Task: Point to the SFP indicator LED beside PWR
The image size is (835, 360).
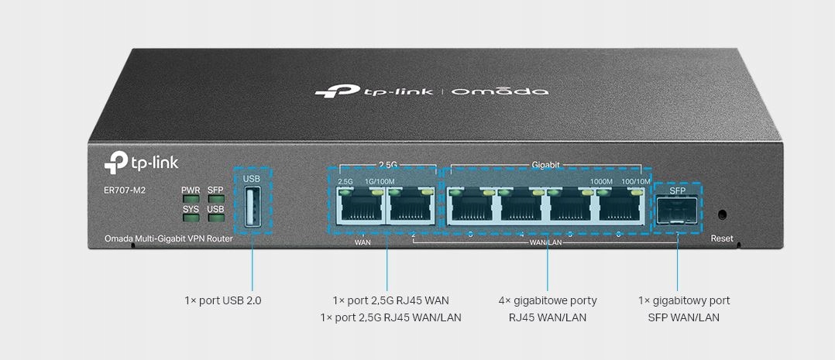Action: [216, 199]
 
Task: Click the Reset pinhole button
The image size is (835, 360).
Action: [722, 214]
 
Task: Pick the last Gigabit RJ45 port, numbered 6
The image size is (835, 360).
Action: [620, 209]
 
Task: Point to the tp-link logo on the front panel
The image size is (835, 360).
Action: [132, 163]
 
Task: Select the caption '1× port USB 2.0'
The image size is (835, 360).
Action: [223, 300]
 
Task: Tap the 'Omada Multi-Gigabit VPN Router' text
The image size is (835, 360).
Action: [169, 238]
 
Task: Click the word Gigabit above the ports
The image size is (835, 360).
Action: [546, 165]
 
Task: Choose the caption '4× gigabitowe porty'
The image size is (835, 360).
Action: [548, 300]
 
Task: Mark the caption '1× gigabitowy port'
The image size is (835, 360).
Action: [684, 300]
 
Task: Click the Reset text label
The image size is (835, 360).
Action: [722, 238]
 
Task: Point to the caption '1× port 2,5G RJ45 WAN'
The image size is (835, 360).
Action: [390, 300]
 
